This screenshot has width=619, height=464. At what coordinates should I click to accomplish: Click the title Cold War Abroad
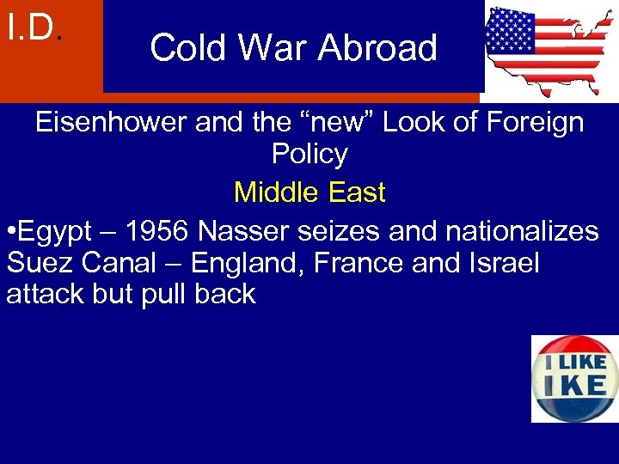coord(293,48)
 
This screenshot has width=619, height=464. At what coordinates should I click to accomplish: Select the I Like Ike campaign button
coord(573,378)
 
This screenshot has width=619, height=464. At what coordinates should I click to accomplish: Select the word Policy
coord(309,155)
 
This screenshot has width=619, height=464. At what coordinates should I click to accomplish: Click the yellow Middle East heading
coord(309,192)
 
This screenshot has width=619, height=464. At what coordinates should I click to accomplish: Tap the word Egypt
coord(58,231)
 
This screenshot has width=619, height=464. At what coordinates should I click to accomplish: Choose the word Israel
coord(500,262)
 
